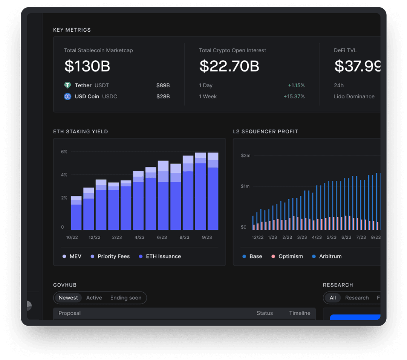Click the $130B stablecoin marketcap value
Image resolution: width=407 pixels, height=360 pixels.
87,66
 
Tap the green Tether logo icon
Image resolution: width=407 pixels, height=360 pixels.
67,85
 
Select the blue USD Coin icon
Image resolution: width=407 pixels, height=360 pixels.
67,96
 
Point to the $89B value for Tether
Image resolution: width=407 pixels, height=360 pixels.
163,85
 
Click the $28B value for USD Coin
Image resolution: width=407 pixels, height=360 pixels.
163,96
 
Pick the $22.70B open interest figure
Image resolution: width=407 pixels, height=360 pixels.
229,66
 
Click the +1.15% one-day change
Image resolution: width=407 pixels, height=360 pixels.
296,85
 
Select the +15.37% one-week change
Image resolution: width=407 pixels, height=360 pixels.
294,96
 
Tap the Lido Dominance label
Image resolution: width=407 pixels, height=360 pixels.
354,96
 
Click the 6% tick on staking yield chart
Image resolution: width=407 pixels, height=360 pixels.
64,152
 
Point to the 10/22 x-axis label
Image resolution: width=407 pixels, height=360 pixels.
72,237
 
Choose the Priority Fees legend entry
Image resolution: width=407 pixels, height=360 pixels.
110,256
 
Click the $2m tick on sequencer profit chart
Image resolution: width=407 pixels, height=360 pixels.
246,156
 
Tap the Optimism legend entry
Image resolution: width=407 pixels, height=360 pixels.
287,256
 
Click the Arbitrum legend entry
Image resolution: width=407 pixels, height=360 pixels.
327,256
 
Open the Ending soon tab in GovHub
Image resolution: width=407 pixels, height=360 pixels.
126,298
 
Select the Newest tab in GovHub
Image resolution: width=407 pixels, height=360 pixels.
68,298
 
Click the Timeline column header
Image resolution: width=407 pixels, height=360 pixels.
300,313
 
